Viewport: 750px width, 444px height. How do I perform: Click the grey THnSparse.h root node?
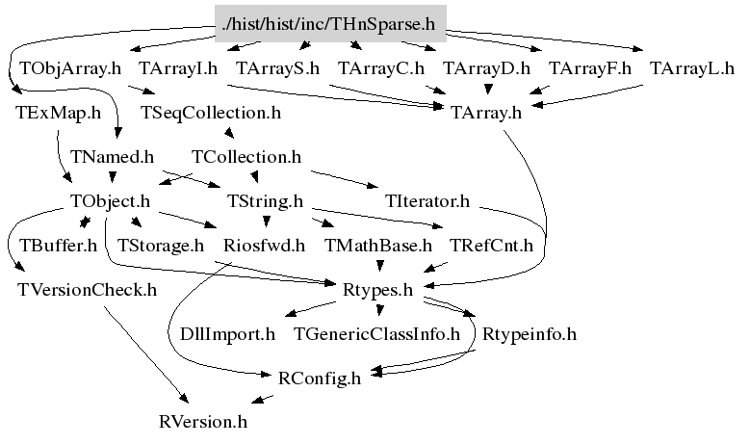pyautogui.click(x=328, y=22)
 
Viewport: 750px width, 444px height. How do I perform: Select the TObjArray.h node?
pyautogui.click(x=70, y=68)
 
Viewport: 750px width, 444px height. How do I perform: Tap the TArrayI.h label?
pyautogui.click(x=178, y=68)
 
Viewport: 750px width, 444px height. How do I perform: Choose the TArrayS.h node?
pyautogui.click(x=277, y=68)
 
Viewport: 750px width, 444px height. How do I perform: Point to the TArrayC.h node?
pyautogui.click(x=381, y=68)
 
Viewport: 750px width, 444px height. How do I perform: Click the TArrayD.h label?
pyautogui.click(x=486, y=68)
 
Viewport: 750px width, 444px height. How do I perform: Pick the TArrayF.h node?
pyautogui.click(x=590, y=68)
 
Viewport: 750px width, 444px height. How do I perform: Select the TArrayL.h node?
pyautogui.click(x=692, y=68)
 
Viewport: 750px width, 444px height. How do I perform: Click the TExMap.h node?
pyautogui.click(x=59, y=113)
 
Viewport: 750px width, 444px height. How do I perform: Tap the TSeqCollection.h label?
pyautogui.click(x=211, y=113)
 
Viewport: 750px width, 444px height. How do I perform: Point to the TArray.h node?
pyautogui.click(x=486, y=113)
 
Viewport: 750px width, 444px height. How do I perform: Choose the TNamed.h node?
pyautogui.click(x=113, y=156)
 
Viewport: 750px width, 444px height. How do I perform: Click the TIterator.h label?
pyautogui.click(x=427, y=201)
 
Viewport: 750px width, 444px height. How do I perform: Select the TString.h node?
pyautogui.click(x=265, y=201)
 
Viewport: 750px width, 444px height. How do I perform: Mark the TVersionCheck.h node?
pyautogui.click(x=87, y=289)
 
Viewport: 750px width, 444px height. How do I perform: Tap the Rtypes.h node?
pyautogui.click(x=378, y=289)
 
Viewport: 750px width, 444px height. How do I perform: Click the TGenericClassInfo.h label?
pyautogui.click(x=377, y=334)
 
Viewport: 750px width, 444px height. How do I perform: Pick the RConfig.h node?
pyautogui.click(x=319, y=379)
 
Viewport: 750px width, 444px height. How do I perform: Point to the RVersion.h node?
pyautogui.click(x=203, y=422)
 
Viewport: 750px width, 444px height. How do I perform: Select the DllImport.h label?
pyautogui.click(x=227, y=334)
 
